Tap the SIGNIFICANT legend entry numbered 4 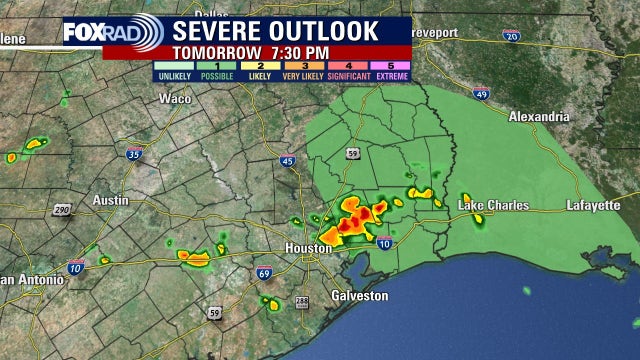[344, 71]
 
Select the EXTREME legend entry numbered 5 [388, 71]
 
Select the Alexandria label [539, 116]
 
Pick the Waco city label [175, 98]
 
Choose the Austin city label [111, 200]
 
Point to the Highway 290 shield [61, 210]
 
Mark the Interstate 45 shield [287, 160]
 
